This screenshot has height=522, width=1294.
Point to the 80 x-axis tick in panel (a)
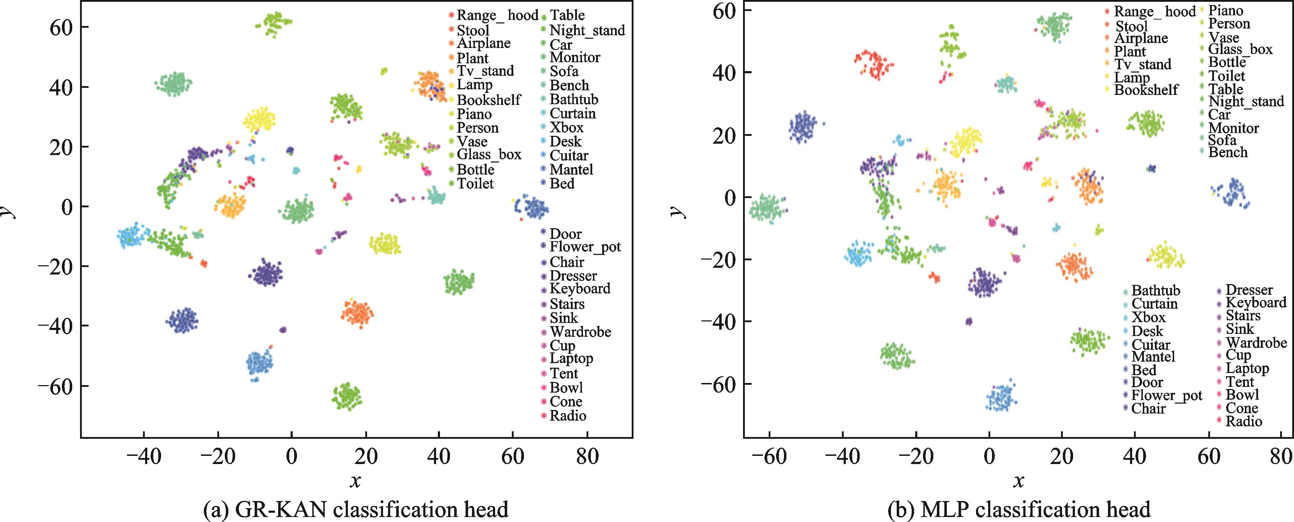(587, 456)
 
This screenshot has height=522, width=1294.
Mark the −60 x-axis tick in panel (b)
(769, 456)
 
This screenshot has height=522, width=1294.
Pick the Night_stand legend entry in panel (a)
(587, 30)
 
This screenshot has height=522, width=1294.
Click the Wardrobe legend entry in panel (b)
(1256, 343)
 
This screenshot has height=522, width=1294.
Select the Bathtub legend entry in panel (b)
(1155, 291)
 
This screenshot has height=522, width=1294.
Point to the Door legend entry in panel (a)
(565, 234)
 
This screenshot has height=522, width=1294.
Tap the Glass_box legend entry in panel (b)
(1240, 49)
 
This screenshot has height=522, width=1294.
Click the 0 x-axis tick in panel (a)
(291, 456)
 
